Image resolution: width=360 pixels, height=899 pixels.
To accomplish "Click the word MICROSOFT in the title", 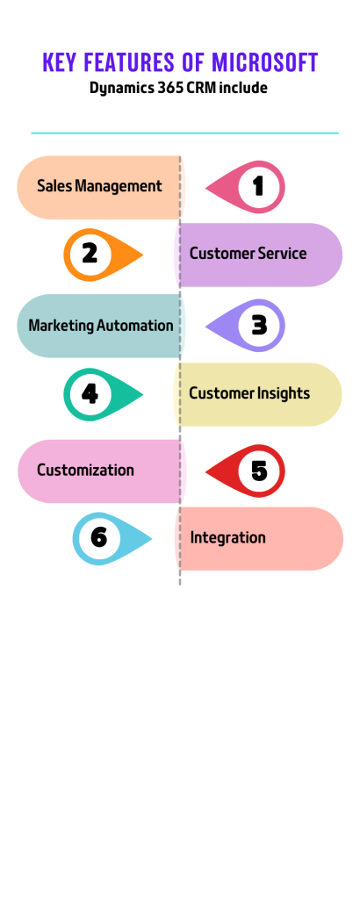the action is click(x=265, y=62).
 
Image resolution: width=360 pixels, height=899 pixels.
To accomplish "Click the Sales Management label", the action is click(x=99, y=186).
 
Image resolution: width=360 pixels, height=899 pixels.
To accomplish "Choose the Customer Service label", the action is click(x=248, y=254).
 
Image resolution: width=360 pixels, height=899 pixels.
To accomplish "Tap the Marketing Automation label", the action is click(x=101, y=326).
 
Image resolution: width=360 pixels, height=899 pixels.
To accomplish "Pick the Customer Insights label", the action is click(x=249, y=393).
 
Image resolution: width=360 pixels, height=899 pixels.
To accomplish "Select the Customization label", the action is click(x=85, y=471).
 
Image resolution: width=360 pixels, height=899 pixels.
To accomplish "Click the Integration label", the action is click(x=228, y=538).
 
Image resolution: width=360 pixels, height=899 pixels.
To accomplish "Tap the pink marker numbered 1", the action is click(x=245, y=187).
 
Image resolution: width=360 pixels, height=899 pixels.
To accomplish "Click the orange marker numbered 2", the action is click(x=104, y=255).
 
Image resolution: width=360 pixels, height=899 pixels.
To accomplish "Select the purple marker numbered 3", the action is click(x=245, y=326).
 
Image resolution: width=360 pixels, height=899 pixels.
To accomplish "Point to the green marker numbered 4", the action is click(x=104, y=394).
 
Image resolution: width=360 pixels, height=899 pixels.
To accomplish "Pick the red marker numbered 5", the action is click(x=245, y=471).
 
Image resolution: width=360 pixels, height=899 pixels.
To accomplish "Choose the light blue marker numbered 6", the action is click(x=112, y=539).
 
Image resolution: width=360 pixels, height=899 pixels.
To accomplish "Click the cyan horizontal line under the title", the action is click(x=184, y=133).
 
